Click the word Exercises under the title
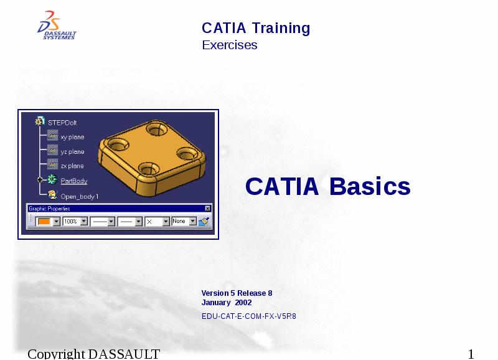229,45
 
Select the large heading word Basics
370,186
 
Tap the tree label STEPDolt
62,123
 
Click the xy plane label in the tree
72,137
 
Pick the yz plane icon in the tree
52,151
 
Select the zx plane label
72,166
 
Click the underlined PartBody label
74,181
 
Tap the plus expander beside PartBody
40,181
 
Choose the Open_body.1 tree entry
79,196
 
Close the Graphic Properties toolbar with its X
208,208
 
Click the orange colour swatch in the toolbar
44,221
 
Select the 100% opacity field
70,221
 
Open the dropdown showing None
193,221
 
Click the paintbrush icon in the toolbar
204,221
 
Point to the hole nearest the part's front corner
147,168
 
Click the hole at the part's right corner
185,153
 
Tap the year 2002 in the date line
243,303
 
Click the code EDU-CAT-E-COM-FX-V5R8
248,316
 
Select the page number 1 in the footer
471,354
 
